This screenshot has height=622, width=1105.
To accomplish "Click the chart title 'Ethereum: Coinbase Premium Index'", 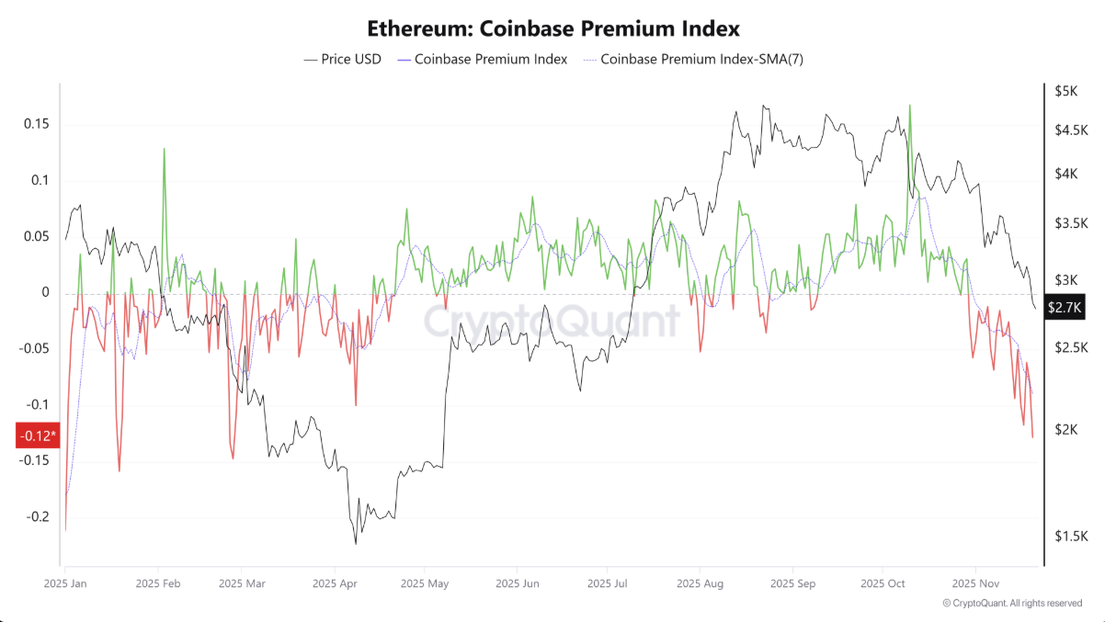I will pos(552,29).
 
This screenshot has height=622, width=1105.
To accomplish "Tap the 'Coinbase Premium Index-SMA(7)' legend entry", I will pos(701,60).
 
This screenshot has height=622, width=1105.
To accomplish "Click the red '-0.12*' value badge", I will pos(38,435).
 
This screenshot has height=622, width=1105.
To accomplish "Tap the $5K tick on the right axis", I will pos(1066,91).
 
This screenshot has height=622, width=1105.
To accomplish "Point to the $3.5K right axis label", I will pos(1071,223).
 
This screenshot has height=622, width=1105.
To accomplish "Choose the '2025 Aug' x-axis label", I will pos(700,583).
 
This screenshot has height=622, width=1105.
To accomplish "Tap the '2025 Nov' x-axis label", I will pos(975,583).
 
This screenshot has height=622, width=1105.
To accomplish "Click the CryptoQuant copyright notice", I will pos(1012,604).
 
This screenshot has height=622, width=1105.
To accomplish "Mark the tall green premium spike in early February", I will pos(165,149).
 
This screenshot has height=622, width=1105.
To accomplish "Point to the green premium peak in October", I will pos(909,106).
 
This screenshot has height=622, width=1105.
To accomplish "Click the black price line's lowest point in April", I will pos(355,543).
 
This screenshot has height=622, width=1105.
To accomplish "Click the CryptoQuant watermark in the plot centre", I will pos(552,322).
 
